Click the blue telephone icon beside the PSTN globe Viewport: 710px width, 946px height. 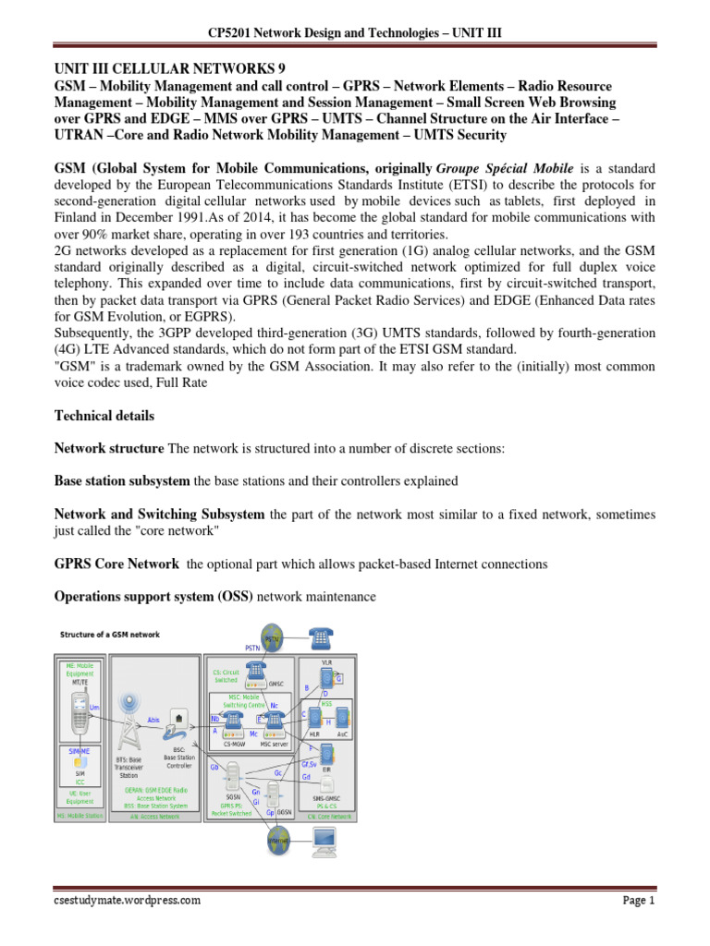click(321, 637)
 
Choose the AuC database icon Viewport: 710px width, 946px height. click(343, 716)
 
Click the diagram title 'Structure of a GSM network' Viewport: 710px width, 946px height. click(109, 635)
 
